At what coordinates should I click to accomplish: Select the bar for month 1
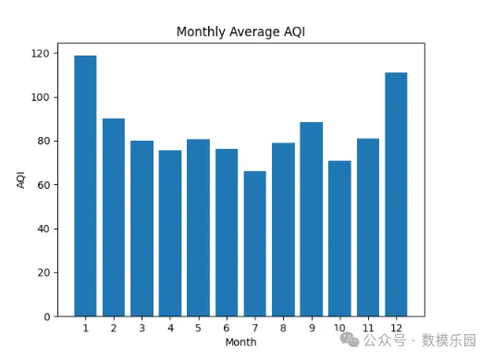click(85, 186)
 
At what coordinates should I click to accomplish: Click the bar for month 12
click(396, 194)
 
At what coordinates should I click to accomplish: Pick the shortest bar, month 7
click(255, 243)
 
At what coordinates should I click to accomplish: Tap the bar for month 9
click(312, 219)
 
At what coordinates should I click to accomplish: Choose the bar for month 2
click(114, 217)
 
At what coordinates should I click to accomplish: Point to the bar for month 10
click(339, 239)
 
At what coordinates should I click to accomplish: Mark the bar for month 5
click(198, 228)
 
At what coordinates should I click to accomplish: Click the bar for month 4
click(170, 233)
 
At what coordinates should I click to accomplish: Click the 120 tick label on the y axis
click(40, 54)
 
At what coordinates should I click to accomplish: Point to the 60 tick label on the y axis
click(43, 185)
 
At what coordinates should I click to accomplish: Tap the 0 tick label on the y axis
click(47, 317)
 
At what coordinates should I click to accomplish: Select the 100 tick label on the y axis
click(40, 97)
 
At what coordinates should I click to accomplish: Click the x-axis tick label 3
click(141, 328)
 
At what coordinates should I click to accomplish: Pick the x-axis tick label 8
click(283, 328)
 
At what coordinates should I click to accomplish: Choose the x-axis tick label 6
click(227, 328)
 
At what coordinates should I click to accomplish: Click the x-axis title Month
click(241, 341)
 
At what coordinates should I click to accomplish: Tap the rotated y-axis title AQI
click(20, 180)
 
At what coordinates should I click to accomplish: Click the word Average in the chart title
click(254, 31)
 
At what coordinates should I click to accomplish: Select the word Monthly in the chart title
click(201, 32)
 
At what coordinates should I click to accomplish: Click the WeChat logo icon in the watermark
click(350, 340)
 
